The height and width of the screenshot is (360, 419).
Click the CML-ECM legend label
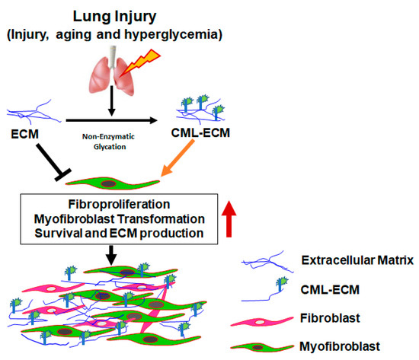(326, 288)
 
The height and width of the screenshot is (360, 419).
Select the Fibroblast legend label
(329, 317)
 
